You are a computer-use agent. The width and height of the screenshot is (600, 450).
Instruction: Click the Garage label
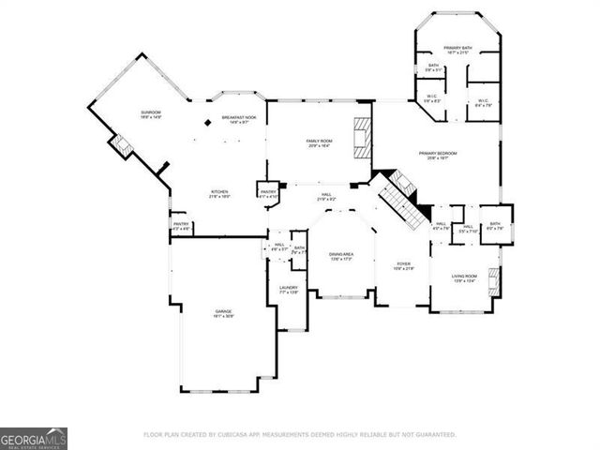(224, 313)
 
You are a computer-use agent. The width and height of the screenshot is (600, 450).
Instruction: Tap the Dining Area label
(340, 256)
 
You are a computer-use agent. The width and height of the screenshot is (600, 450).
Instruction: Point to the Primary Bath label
(459, 49)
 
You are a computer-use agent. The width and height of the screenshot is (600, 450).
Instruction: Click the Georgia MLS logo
(34, 439)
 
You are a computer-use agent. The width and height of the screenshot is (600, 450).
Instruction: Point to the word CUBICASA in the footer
(267, 435)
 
